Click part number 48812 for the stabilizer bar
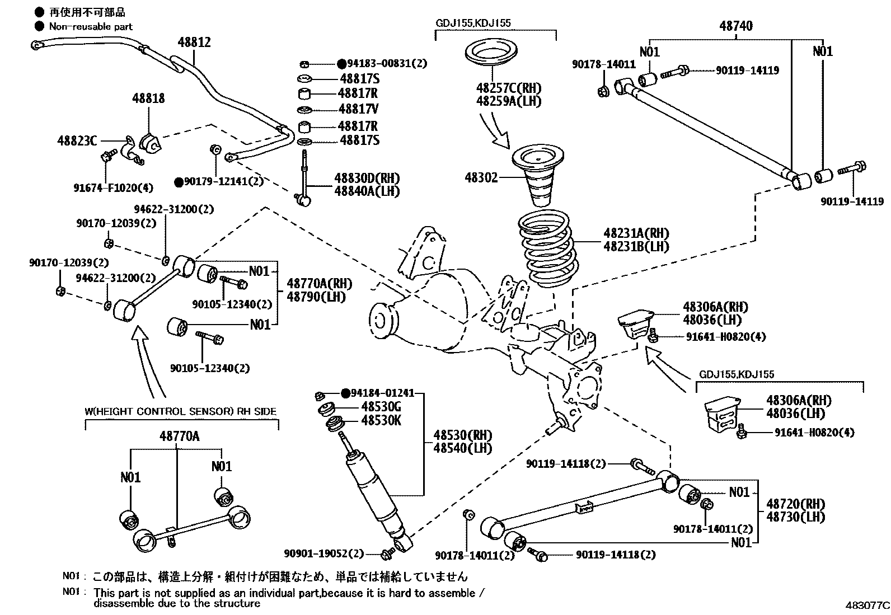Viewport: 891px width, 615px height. click(194, 42)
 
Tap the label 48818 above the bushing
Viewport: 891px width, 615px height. click(148, 98)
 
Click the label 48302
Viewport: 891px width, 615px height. click(481, 177)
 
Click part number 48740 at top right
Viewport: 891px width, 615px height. click(735, 26)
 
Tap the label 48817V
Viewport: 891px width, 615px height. click(358, 109)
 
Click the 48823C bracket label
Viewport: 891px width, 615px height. click(77, 140)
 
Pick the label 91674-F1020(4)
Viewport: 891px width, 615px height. click(105, 188)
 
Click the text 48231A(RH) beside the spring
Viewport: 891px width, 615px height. click(636, 233)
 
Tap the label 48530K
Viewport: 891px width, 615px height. click(381, 421)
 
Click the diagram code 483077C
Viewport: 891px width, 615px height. click(867, 605)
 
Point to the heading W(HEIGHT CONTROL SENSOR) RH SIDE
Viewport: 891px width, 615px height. click(180, 411)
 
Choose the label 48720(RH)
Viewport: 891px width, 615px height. click(795, 503)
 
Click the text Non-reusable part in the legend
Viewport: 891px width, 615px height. click(91, 26)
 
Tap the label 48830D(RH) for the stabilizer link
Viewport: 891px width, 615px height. click(367, 178)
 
